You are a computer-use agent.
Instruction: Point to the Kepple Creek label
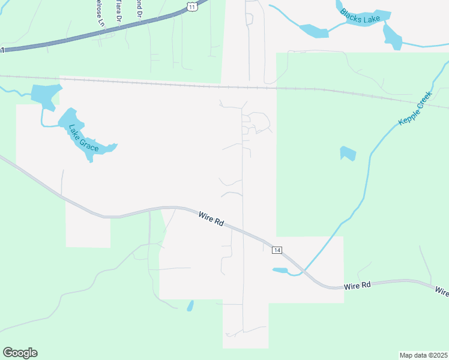tap(415, 108)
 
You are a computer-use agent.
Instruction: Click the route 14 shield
tap(277, 250)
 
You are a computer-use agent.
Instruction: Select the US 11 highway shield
tap(191, 5)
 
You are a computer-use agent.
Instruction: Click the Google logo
tap(20, 353)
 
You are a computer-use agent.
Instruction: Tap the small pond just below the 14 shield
tap(280, 271)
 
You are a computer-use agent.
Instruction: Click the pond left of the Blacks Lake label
tap(314, 30)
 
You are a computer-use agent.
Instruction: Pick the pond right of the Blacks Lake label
tap(392, 37)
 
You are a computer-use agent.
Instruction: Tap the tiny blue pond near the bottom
tap(190, 306)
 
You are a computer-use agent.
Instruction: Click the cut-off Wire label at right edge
tap(442, 292)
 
